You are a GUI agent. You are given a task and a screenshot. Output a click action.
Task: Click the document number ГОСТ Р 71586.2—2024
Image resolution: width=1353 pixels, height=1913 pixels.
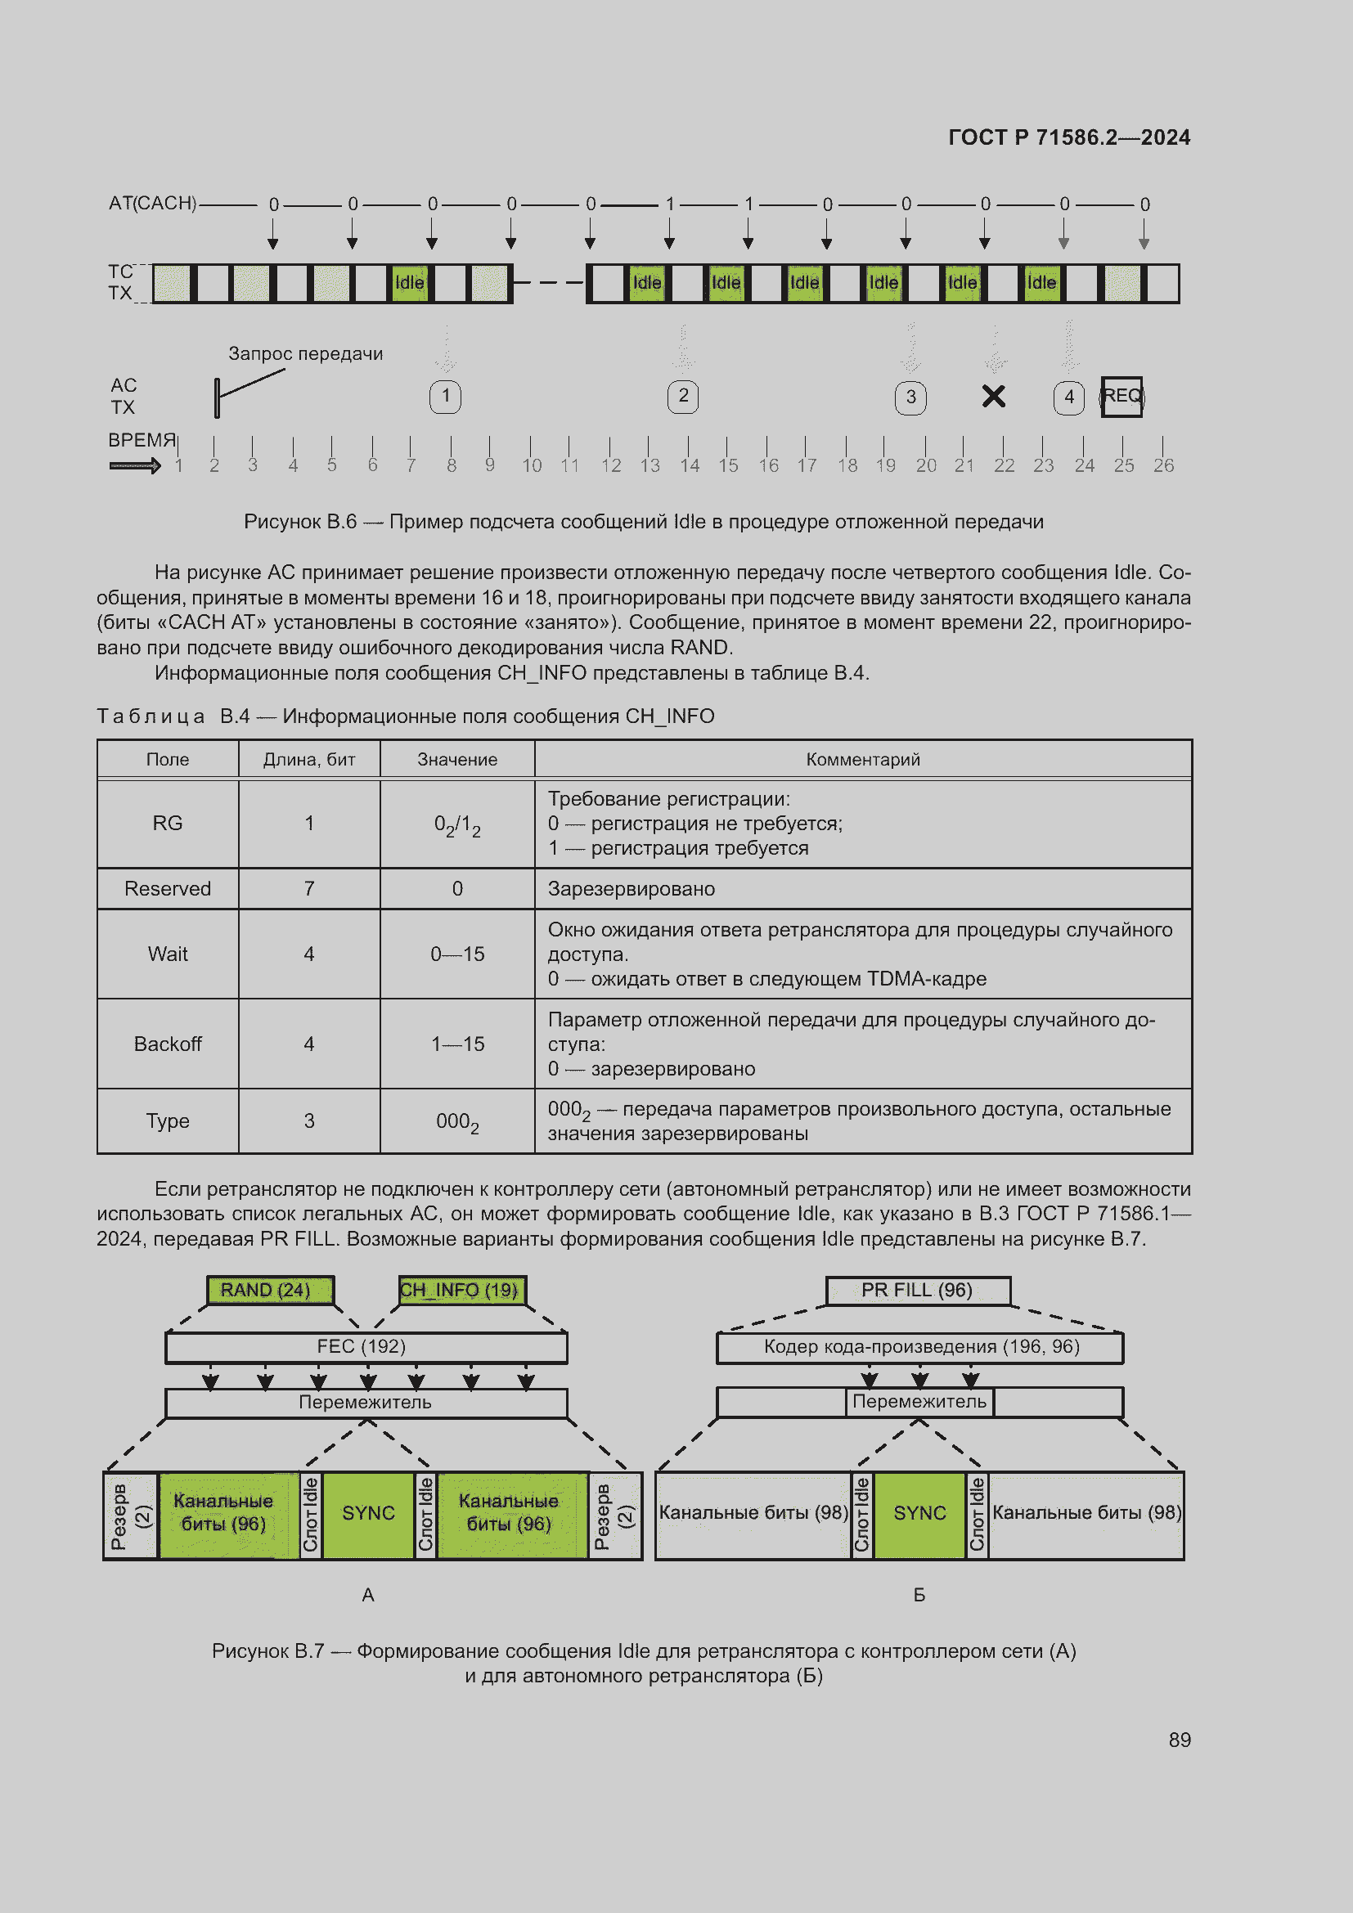1069,137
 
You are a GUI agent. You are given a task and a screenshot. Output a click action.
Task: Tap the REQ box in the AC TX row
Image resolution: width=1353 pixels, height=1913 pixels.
1122,397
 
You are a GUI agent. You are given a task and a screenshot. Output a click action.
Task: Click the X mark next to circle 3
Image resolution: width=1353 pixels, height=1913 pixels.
993,397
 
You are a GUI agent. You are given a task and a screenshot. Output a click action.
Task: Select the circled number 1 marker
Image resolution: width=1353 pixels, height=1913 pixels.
446,397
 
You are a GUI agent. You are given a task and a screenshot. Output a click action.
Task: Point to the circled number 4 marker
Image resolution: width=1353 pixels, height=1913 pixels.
1068,397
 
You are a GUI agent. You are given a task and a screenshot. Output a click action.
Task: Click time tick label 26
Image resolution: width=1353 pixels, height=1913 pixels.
1163,465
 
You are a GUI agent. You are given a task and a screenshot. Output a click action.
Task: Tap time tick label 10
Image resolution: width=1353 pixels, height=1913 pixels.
532,465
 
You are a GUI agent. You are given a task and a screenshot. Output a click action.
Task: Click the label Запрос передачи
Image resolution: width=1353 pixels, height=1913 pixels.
306,354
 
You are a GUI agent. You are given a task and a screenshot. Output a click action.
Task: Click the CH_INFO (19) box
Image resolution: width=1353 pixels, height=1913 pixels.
461,1290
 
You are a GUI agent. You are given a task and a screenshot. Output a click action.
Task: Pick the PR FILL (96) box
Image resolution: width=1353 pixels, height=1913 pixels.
917,1290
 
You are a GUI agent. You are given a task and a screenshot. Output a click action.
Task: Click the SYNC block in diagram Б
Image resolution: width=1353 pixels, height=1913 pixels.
919,1513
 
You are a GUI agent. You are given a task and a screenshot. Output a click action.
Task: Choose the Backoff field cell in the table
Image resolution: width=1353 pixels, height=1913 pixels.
168,1044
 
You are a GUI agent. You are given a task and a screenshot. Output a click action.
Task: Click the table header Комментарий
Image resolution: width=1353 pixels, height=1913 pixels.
862,759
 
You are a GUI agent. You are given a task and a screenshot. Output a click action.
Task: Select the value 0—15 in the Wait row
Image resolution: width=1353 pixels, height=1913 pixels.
457,954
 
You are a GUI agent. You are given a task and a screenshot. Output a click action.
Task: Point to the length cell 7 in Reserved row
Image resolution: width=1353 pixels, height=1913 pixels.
309,889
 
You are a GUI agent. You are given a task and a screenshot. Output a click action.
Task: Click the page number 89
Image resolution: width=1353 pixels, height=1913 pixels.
1179,1740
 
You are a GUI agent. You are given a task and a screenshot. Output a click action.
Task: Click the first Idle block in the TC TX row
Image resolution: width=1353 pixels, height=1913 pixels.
409,283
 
